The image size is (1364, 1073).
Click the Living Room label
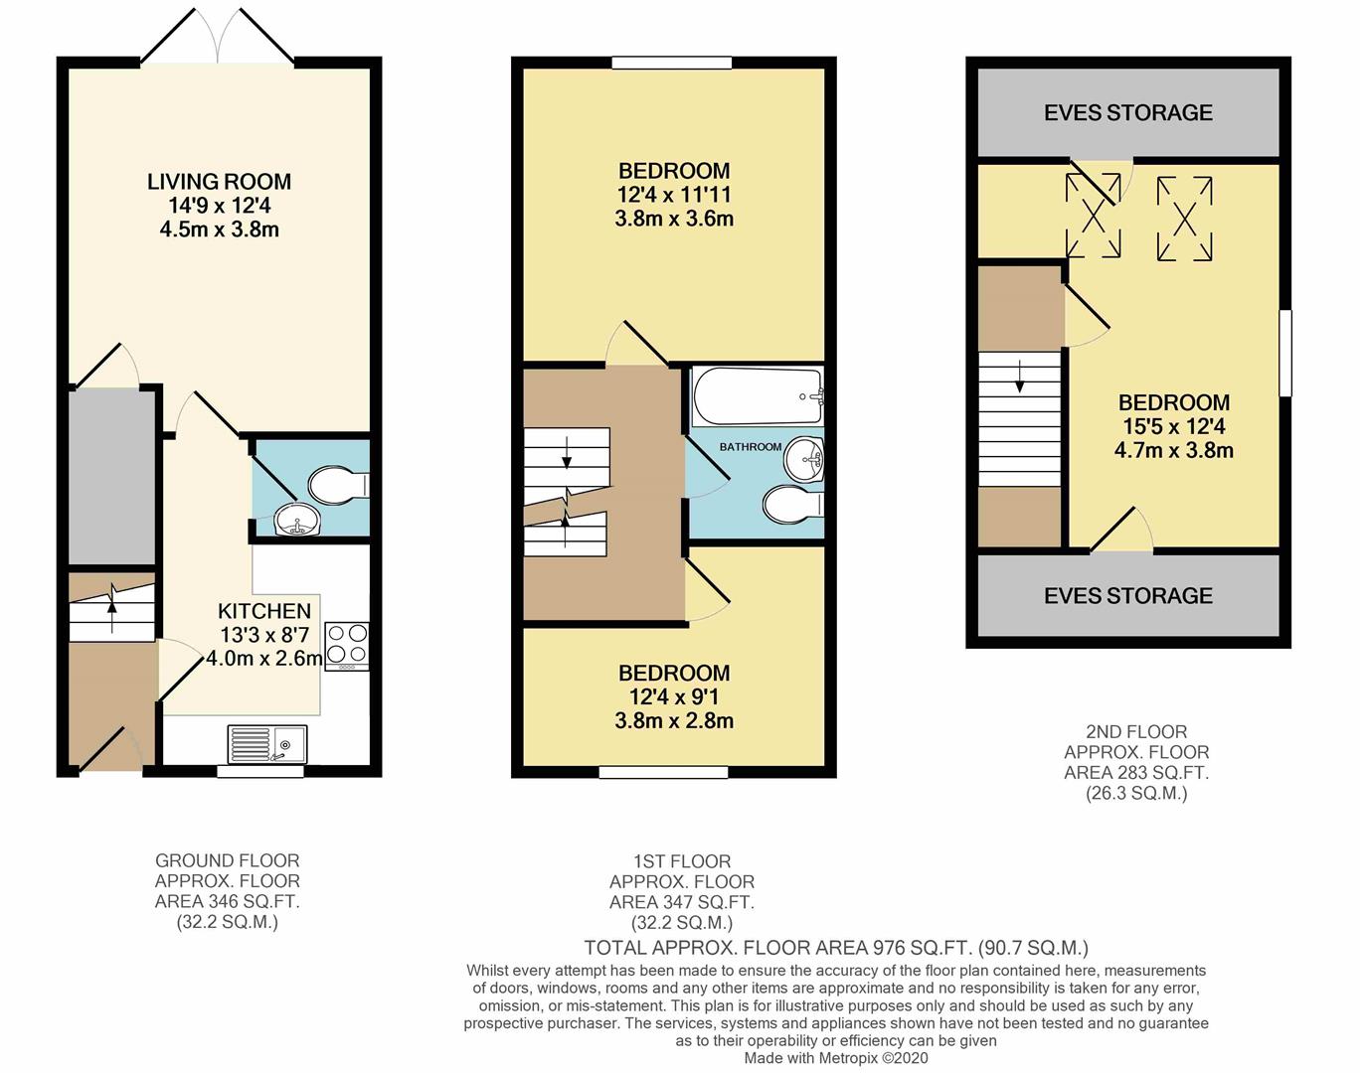[x=220, y=182]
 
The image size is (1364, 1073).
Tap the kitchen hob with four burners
[x=347, y=646]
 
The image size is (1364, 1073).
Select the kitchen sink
[x=266, y=744]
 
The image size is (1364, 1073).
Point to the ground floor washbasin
[x=298, y=520]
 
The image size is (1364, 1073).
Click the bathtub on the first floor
[x=758, y=396]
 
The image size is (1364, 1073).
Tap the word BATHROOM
[x=751, y=446]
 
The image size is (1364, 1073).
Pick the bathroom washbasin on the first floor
[x=803, y=459]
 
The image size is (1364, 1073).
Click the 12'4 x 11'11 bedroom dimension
[x=674, y=195]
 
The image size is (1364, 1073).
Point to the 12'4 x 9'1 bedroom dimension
[x=674, y=696]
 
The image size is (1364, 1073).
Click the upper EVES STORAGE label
[x=1128, y=112]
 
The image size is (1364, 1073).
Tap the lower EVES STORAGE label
[x=1128, y=595]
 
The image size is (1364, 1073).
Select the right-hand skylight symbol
[x=1185, y=219]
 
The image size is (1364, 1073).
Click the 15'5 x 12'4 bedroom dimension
[x=1174, y=426]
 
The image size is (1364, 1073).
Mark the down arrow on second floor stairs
[x=1020, y=377]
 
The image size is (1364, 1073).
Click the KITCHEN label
[x=264, y=611]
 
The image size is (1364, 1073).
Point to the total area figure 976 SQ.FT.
[x=923, y=948]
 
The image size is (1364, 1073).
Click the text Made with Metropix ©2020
[x=836, y=1058]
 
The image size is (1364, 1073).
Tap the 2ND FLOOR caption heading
[x=1136, y=731]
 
